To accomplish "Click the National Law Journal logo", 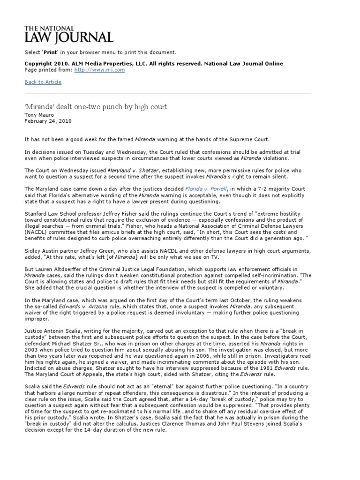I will pyautogui.click(x=68, y=34).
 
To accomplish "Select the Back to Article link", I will pyautogui.click(x=43, y=82).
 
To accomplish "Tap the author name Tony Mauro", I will pyautogui.click(x=39, y=114).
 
